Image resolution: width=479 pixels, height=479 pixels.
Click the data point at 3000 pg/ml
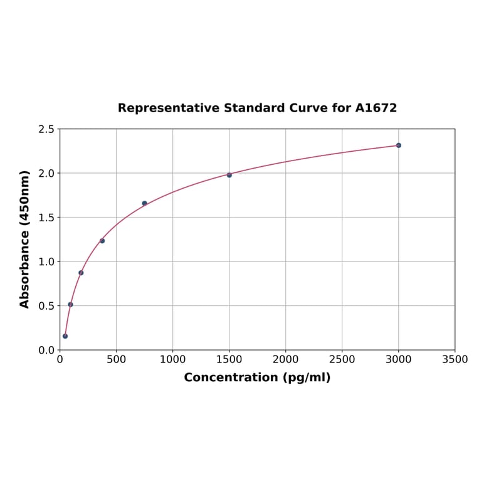click(398, 145)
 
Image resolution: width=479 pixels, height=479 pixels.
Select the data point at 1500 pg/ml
click(229, 175)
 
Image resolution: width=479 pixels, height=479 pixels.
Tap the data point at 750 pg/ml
click(144, 203)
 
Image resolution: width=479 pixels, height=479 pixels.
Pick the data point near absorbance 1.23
click(102, 241)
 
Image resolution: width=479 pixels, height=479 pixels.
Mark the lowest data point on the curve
click(65, 336)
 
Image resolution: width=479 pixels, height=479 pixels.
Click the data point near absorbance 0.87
click(81, 273)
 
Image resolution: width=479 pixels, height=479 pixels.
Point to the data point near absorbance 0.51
click(70, 305)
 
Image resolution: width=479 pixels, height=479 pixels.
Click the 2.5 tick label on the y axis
click(46, 129)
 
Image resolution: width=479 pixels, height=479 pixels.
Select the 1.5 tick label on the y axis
click(46, 218)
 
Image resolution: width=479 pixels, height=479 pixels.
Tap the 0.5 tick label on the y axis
click(46, 306)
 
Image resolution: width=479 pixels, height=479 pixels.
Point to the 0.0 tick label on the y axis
click(46, 350)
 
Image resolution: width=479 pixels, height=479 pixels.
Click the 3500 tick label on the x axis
click(455, 359)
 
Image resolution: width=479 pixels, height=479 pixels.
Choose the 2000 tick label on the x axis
click(285, 359)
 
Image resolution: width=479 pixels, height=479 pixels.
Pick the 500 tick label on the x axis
click(116, 359)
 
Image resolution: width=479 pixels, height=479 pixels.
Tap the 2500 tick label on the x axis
click(342, 359)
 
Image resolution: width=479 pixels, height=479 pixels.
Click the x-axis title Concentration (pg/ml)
click(257, 377)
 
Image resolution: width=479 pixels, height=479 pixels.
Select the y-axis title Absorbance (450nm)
click(25, 239)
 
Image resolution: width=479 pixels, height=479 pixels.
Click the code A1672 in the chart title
click(376, 108)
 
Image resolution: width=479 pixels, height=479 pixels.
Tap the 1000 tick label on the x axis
click(172, 359)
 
